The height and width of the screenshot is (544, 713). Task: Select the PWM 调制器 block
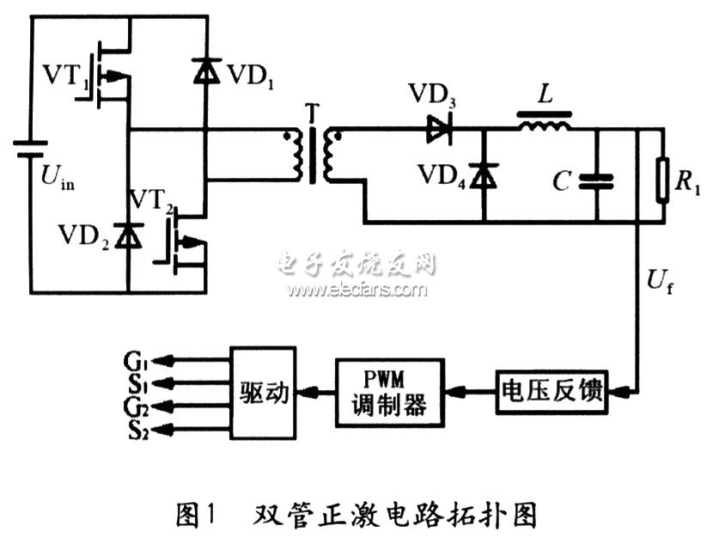click(390, 392)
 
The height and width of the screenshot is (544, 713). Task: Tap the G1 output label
click(139, 352)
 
